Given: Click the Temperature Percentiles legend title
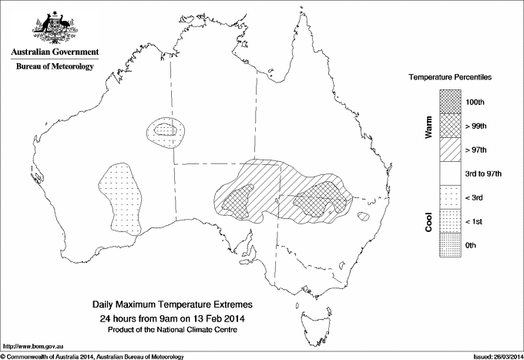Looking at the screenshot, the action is pos(450,78).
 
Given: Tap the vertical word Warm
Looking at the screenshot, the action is pos(428,127).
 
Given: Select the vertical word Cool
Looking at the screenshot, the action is pos(428,221).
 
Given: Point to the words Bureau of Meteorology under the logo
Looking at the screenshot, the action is pos(54,67).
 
